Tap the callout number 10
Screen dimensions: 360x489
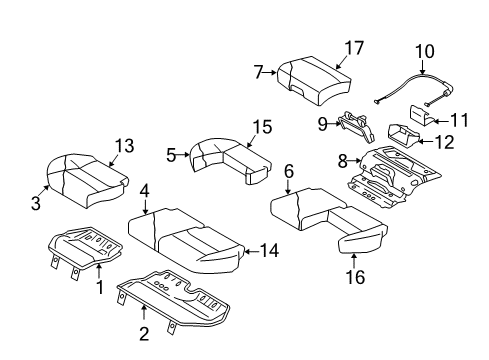point(425,49)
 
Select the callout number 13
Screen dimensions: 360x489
point(122,147)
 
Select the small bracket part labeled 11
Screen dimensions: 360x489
point(420,118)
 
